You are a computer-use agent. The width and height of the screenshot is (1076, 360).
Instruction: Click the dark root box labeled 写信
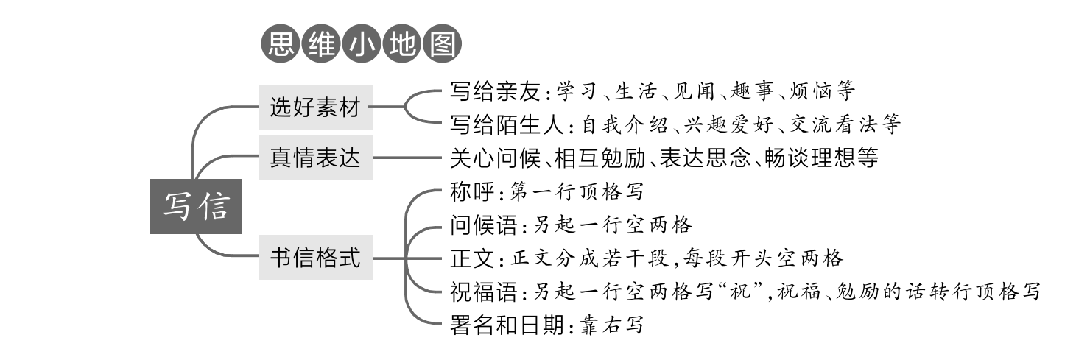click(x=195, y=206)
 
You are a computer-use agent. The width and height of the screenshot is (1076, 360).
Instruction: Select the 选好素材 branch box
click(x=314, y=109)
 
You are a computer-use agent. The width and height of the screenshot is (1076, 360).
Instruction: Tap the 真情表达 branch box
click(x=314, y=157)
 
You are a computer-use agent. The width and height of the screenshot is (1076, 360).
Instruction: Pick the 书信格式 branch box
click(x=314, y=258)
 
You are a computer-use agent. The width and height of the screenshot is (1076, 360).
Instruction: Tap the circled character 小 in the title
click(x=361, y=45)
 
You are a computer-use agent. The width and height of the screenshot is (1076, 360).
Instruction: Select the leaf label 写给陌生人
click(x=507, y=124)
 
